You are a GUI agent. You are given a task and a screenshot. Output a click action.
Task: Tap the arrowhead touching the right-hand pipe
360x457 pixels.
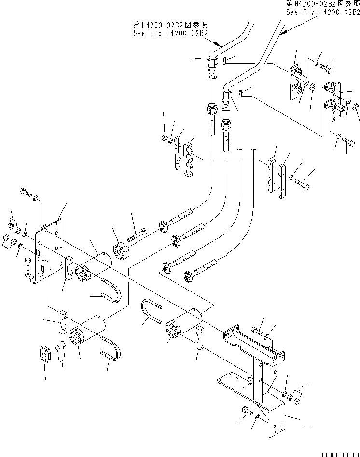point(284,32)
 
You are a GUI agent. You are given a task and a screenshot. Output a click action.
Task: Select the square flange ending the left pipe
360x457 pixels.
point(211,74)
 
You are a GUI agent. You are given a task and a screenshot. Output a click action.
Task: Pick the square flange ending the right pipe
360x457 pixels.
point(226,104)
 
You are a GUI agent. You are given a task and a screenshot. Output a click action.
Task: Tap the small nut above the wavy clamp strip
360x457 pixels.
point(164,139)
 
